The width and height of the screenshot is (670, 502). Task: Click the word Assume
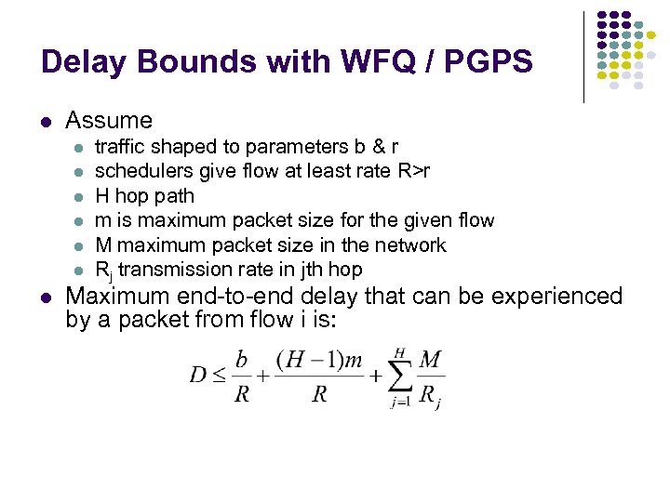109,120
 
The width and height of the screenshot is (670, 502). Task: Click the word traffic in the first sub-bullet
117,147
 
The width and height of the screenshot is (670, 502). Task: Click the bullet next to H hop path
79,196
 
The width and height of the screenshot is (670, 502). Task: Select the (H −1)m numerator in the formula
319,361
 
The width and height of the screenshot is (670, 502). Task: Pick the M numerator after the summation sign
430,360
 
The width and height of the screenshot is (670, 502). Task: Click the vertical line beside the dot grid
584,56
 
